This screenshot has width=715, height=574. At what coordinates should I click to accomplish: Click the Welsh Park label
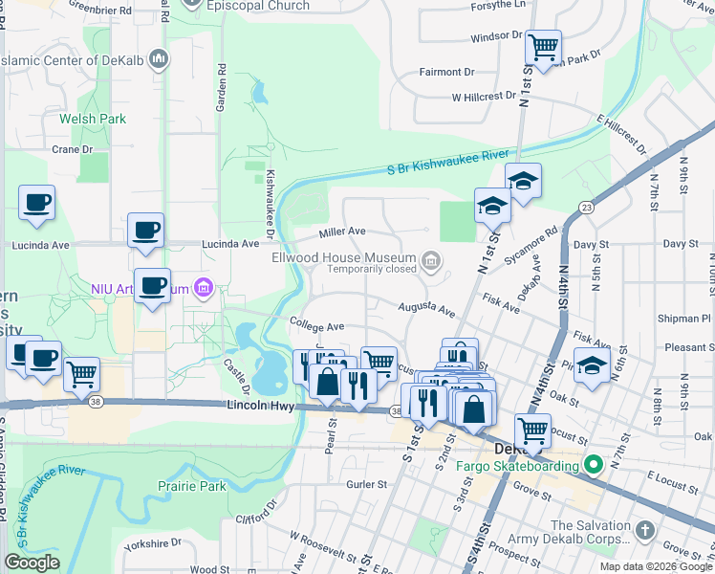[x=92, y=119]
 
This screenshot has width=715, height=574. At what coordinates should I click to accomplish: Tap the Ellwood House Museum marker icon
[x=432, y=259]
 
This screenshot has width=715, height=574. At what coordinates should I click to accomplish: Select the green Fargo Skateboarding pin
[x=593, y=466]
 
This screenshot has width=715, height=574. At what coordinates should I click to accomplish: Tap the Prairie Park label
[x=192, y=486]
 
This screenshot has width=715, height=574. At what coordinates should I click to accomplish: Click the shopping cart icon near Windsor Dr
[x=543, y=46]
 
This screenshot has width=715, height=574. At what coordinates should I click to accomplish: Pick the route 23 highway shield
[x=586, y=206]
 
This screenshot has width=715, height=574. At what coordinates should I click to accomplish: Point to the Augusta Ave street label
[x=426, y=309]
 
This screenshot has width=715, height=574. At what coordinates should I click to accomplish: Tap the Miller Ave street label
[x=342, y=232]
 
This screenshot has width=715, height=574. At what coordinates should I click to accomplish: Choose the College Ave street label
[x=315, y=327]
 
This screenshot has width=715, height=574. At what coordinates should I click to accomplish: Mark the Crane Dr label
[x=72, y=149]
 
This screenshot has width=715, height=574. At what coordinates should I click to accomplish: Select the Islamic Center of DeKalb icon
[x=160, y=59]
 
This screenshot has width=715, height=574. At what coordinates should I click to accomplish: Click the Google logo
[x=32, y=563]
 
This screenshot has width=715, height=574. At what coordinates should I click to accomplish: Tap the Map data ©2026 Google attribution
[x=655, y=566]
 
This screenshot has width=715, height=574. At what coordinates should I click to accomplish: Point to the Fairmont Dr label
[x=448, y=72]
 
